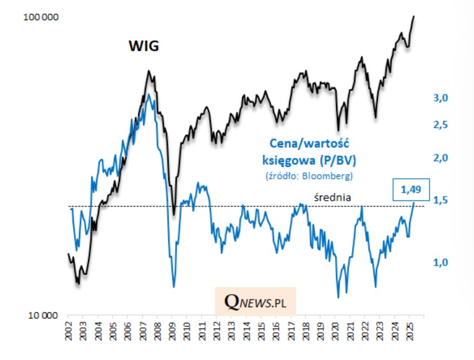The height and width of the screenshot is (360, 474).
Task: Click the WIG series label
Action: click(x=143, y=46)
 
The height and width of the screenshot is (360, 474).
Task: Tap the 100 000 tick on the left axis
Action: click(x=42, y=18)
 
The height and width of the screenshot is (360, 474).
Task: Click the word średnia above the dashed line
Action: click(x=333, y=198)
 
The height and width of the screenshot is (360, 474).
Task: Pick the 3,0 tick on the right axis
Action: click(x=442, y=98)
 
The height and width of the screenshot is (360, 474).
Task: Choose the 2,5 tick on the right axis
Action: click(x=442, y=125)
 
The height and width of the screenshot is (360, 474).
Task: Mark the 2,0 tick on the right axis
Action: click(x=442, y=158)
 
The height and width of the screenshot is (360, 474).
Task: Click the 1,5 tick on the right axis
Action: click(x=442, y=201)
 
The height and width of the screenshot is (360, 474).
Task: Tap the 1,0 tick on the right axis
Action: click(x=442, y=263)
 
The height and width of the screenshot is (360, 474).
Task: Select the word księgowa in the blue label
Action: click(x=286, y=161)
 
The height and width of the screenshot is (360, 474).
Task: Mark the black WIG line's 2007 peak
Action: click(x=148, y=71)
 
